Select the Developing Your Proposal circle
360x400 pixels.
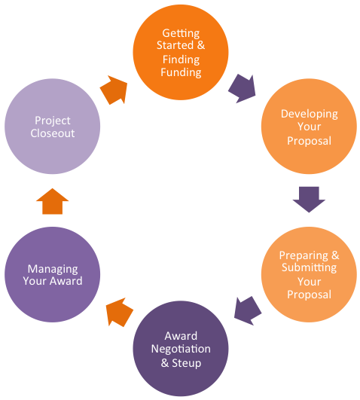309,127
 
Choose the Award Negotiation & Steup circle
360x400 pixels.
181,349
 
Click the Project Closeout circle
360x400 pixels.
53,127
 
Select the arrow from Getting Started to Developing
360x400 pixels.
243,87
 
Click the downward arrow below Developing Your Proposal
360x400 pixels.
309,200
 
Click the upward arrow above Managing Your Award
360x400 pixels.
52,201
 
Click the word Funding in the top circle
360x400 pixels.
180,72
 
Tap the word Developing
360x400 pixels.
309,114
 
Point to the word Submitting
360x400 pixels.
309,267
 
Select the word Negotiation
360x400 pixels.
181,350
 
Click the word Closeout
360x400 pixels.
53,134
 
